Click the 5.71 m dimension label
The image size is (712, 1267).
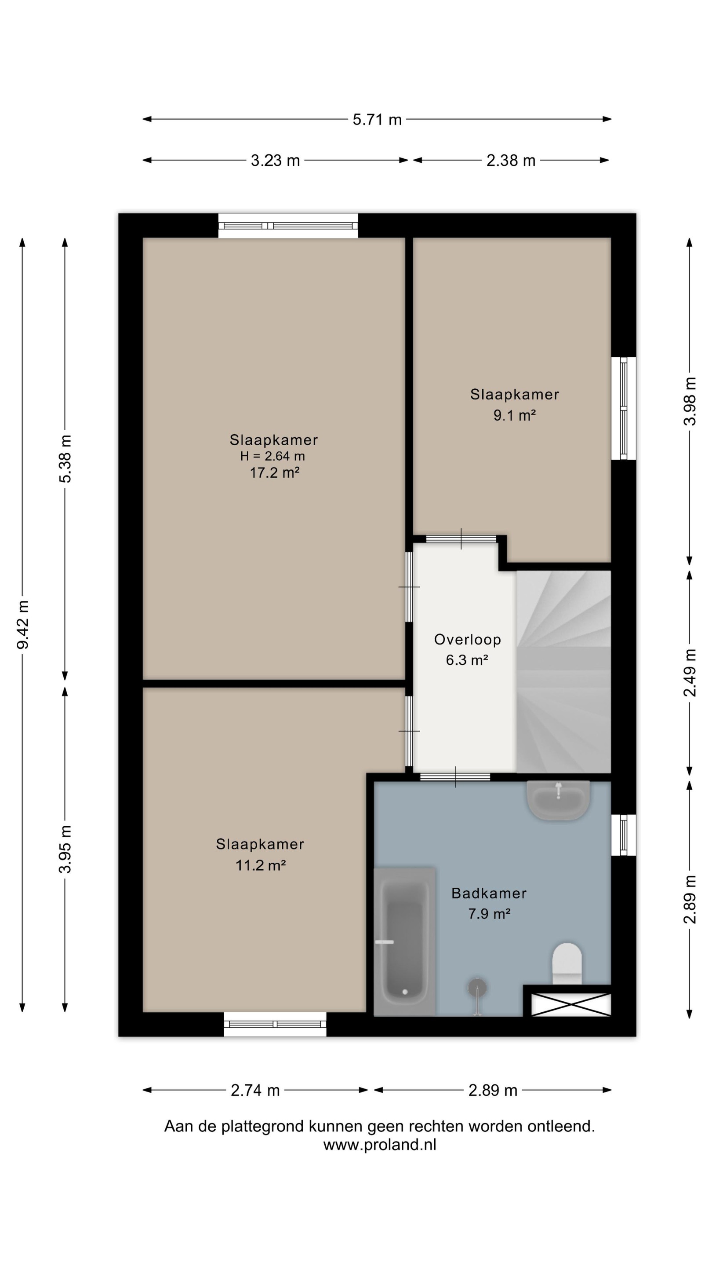pyautogui.click(x=377, y=120)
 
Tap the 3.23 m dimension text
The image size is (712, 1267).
pyautogui.click(x=275, y=160)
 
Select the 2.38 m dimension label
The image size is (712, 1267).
pyautogui.click(x=511, y=160)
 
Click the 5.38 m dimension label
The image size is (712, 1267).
pyautogui.click(x=65, y=459)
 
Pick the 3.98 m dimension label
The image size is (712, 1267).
pyautogui.click(x=690, y=401)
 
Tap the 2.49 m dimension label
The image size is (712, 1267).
pyautogui.click(x=690, y=673)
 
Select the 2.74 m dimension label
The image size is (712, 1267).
pyautogui.click(x=255, y=1091)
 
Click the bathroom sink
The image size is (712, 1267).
pyautogui.click(x=558, y=800)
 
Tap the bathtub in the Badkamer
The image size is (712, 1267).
pyautogui.click(x=404, y=941)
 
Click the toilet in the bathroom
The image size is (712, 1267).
pyautogui.click(x=567, y=963)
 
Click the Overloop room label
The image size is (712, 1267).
pyautogui.click(x=467, y=639)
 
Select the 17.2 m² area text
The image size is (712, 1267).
pyautogui.click(x=275, y=472)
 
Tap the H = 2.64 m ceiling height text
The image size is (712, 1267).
pyautogui.click(x=272, y=456)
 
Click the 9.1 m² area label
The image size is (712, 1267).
pyautogui.click(x=515, y=416)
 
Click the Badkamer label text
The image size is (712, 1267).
pyautogui.click(x=489, y=893)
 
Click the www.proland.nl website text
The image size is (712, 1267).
pyautogui.click(x=379, y=1145)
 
